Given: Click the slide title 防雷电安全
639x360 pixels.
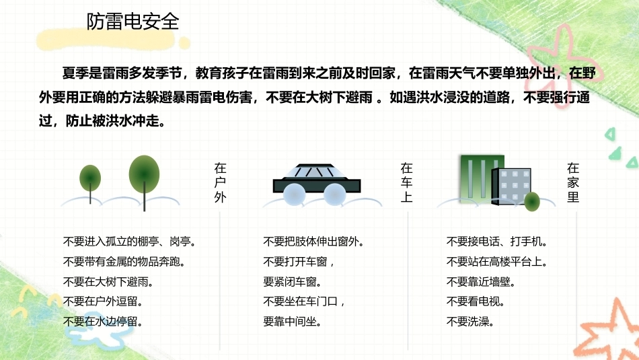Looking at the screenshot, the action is [x=133, y=22].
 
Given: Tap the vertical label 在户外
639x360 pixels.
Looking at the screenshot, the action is [x=220, y=182].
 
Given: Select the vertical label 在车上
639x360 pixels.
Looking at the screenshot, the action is [x=407, y=182].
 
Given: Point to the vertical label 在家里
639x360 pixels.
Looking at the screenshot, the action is [x=573, y=182].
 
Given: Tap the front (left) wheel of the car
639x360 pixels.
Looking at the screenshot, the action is [x=294, y=194].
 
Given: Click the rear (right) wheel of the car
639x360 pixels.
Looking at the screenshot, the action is [x=334, y=194].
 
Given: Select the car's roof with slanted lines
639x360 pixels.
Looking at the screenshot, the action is [x=316, y=171].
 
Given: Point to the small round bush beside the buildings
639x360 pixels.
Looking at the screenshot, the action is [x=532, y=201].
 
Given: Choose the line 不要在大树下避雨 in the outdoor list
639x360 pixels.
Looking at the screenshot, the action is [x=108, y=282].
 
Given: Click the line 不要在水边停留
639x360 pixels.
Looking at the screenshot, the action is [x=103, y=322].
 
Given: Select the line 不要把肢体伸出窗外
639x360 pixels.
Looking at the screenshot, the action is [x=313, y=242].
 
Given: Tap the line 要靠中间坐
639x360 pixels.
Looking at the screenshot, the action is [x=292, y=322].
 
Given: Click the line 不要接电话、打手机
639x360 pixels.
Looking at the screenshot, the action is [x=497, y=242].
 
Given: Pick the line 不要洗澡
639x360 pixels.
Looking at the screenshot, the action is [x=470, y=322].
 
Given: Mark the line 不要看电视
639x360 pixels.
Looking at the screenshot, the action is [x=476, y=301].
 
